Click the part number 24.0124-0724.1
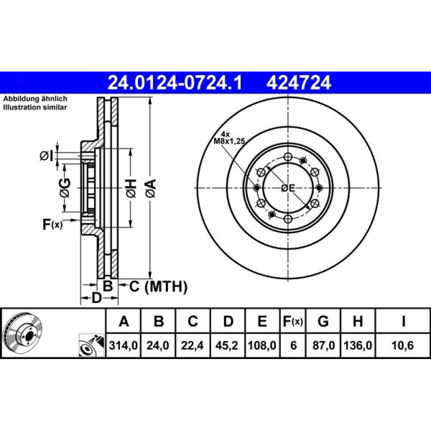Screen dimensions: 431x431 tap(175, 83)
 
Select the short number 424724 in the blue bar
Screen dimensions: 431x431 tap(299, 83)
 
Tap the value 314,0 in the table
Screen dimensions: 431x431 tap(123, 345)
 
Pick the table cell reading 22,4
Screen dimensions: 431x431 tap(192, 345)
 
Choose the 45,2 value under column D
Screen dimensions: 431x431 tap(227, 345)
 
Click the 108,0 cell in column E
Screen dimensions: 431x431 tap(262, 345)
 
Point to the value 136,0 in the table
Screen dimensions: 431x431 tap(358, 345)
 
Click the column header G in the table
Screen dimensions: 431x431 tap(323, 321)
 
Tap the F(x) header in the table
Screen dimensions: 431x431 tap(293, 321)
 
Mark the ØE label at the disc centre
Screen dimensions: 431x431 tap(288, 188)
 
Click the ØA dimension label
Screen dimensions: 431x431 tap(150, 188)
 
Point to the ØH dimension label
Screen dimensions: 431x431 tap(131, 188)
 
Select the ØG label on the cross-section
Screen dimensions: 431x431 tap(65, 188)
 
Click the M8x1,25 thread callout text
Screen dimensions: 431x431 tap(229, 141)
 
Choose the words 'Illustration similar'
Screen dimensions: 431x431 tap(35, 107)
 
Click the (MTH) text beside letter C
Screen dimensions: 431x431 tap(166, 287)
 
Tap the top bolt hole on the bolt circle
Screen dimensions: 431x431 tap(288, 157)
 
